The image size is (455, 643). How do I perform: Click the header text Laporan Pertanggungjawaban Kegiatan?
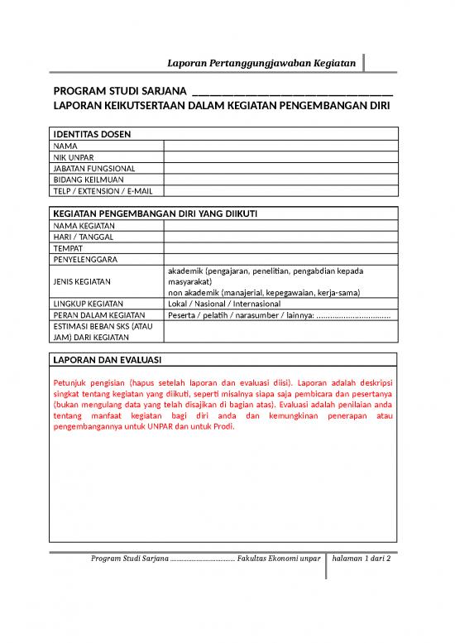(261, 63)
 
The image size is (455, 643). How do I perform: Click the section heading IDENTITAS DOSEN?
(92, 134)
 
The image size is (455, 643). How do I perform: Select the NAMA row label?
(65, 146)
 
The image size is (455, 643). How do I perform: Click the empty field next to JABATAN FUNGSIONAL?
(281, 168)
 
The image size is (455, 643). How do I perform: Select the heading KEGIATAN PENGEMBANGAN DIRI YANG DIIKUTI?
(156, 214)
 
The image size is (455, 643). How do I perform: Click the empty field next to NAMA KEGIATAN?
(281, 225)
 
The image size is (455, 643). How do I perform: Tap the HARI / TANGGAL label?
(84, 237)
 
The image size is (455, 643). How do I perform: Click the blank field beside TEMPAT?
(281, 248)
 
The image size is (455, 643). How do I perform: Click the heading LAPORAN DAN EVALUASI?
(107, 361)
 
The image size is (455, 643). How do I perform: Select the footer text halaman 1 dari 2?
(361, 559)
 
